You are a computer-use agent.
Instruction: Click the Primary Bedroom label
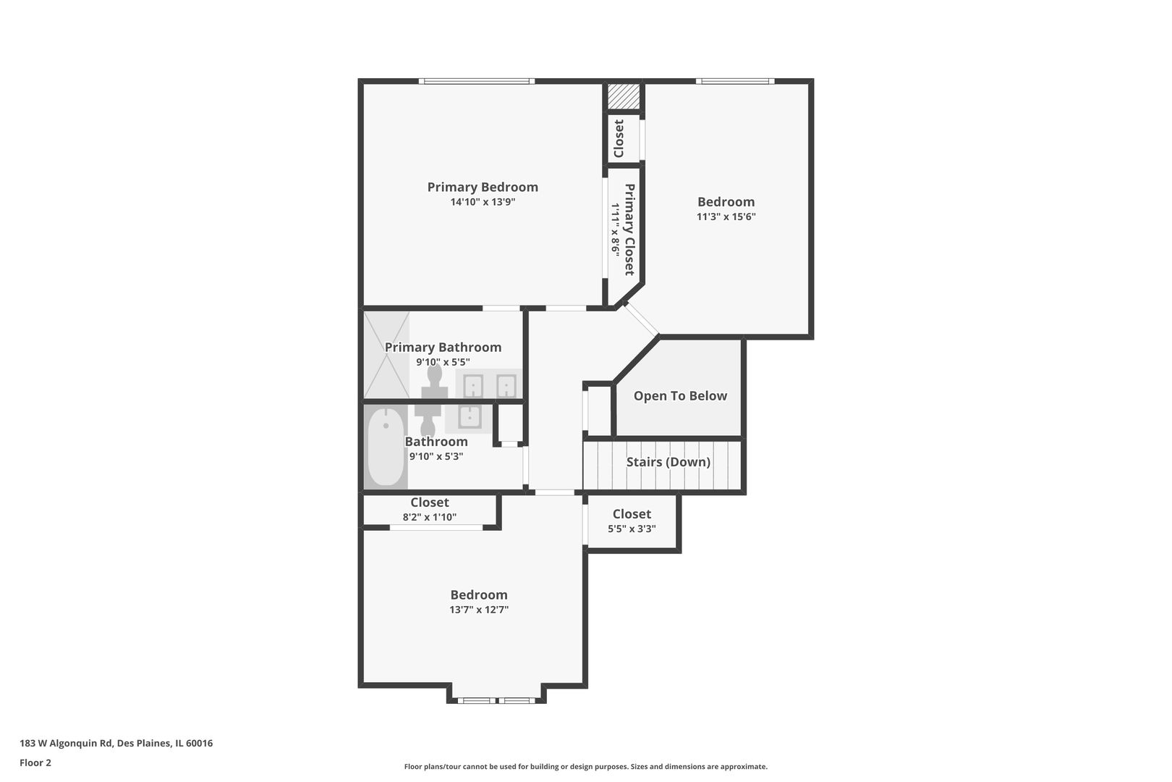tap(483, 188)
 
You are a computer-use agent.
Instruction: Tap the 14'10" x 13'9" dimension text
tap(483, 202)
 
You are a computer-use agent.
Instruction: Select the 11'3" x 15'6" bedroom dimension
tap(726, 216)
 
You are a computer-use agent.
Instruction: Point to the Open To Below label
tap(680, 396)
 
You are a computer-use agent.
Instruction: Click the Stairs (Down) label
tap(668, 462)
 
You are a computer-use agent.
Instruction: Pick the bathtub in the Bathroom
tap(386, 447)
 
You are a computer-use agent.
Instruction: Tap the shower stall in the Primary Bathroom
tap(386, 355)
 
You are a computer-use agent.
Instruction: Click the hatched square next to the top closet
tap(624, 96)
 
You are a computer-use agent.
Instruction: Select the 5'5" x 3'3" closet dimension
tap(632, 529)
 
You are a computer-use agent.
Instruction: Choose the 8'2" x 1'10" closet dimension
tap(430, 518)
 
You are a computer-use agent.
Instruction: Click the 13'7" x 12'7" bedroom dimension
tap(479, 610)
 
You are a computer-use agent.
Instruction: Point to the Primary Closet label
tap(630, 230)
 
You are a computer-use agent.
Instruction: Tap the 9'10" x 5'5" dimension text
tap(443, 362)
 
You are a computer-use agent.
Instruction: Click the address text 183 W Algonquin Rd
tap(67, 743)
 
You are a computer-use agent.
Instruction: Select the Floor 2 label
tap(35, 762)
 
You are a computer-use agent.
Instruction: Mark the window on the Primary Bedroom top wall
tap(477, 81)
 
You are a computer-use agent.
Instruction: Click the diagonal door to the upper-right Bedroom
tap(642, 319)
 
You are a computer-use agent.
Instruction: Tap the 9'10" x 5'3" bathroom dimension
tap(436, 456)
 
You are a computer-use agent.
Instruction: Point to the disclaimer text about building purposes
tap(585, 767)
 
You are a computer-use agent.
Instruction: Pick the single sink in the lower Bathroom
tap(470, 418)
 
